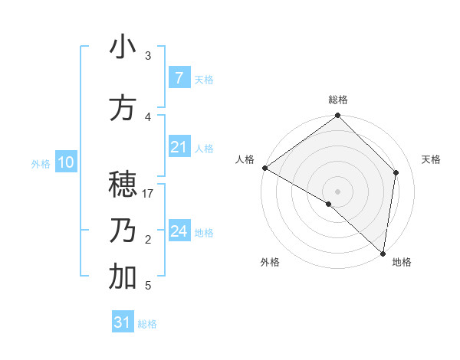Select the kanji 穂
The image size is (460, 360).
pos(123,185)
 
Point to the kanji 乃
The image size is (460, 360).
pos(123,231)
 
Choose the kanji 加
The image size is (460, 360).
pos(123,277)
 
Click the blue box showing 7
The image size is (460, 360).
pos(179,78)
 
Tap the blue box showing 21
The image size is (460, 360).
pos(179,147)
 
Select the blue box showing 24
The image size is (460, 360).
pos(179,231)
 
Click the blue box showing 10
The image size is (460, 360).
pos(65,162)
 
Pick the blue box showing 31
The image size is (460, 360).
pos(123,322)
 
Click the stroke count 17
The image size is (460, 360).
pos(148,194)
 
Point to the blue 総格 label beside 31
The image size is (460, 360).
pos(147,324)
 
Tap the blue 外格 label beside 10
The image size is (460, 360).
pos(40,163)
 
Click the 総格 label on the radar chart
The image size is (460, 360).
pos(338,100)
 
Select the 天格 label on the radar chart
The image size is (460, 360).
pos(432,159)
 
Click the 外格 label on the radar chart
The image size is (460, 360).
pos(270,262)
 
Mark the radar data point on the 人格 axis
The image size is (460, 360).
pos(264,168)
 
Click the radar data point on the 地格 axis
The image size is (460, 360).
pos(383,254)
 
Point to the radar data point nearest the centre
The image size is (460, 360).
pos(329,205)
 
